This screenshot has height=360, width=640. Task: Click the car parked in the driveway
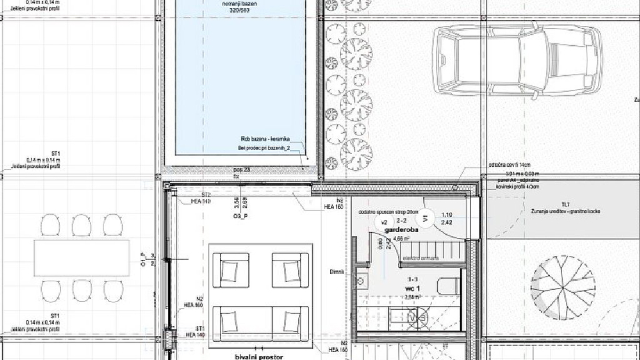pyautogui.click(x=517, y=61)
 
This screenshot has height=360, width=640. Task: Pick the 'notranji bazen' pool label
pyautogui.click(x=241, y=5)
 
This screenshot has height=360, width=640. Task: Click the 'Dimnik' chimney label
pyautogui.click(x=337, y=271)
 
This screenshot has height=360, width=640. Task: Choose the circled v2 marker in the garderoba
pyautogui.click(x=384, y=223)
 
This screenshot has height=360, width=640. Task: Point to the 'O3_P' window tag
pyautogui.click(x=242, y=217)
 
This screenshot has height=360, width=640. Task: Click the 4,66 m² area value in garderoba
pyautogui.click(x=401, y=237)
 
